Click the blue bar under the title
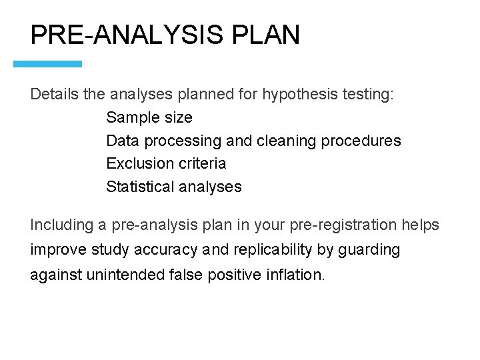click(48, 64)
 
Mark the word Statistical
click(140, 187)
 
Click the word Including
click(61, 225)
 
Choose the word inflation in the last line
click(299, 275)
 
